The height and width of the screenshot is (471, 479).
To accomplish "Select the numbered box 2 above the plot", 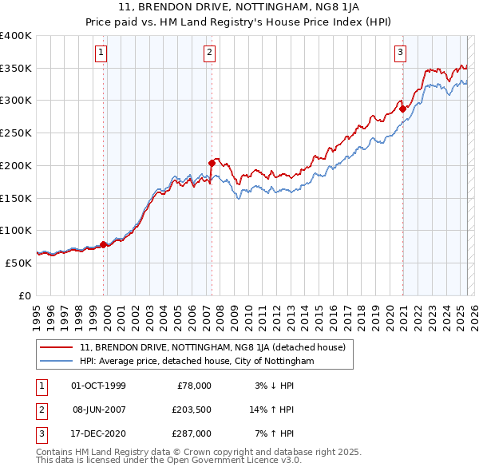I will (209, 53).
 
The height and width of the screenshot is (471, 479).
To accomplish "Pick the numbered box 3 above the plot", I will (399, 53).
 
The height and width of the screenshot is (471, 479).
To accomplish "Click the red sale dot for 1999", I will (104, 244).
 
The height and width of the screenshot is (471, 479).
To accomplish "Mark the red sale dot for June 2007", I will (212, 163).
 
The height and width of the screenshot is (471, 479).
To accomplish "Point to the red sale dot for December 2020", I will (403, 109).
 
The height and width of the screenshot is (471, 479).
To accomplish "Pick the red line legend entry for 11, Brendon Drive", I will (212, 347).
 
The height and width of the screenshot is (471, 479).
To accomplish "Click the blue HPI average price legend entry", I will (196, 361).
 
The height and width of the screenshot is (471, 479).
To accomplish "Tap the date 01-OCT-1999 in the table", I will (98, 386).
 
